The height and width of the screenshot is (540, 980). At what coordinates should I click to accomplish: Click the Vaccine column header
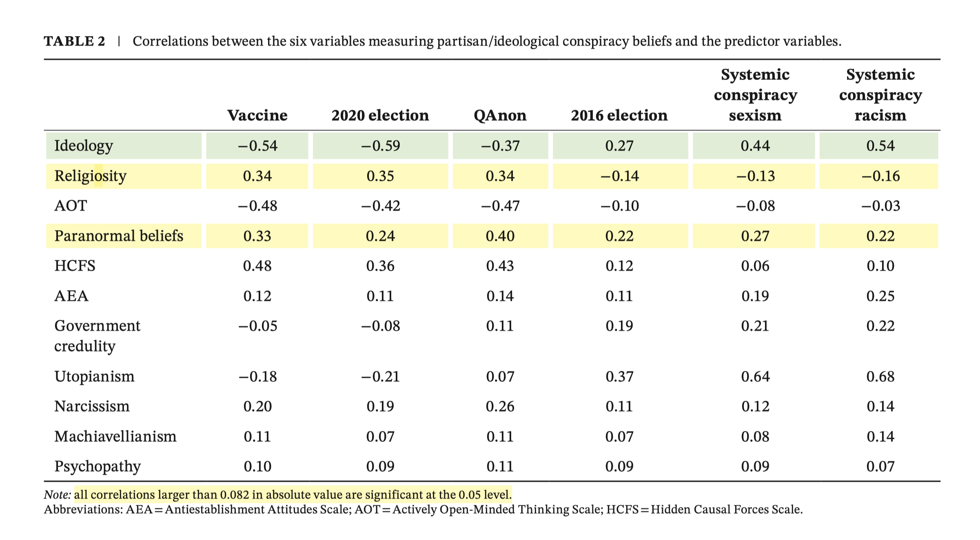coord(257,115)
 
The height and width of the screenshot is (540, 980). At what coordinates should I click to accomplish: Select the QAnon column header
coord(500,115)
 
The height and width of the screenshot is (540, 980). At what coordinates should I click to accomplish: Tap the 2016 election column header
coord(619,115)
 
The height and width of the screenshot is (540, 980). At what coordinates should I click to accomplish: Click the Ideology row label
coord(84,146)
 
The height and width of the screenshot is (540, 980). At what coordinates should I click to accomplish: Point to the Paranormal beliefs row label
coord(119,236)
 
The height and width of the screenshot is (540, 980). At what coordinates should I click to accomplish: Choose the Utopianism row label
coord(94,376)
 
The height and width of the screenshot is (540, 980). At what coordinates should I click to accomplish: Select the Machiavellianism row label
coord(115,436)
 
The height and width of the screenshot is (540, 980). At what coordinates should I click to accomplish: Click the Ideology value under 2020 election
coord(380,146)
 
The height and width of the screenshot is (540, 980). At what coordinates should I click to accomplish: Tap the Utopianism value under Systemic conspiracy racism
coord(880,376)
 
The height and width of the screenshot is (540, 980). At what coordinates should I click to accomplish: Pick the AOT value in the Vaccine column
coord(257,205)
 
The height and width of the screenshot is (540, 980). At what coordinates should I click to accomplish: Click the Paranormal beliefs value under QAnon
coord(500,236)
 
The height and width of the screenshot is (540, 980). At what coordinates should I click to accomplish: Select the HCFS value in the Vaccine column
coord(257,266)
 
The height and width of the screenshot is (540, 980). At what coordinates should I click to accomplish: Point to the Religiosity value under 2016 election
coord(619,176)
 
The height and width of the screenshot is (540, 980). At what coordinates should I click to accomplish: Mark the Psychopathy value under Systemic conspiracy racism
coord(880,466)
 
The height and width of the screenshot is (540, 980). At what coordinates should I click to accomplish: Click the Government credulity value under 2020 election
coord(380,326)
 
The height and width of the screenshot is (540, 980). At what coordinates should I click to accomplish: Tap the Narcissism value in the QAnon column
coord(500,406)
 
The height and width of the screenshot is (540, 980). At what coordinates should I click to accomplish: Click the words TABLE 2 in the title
coord(75,41)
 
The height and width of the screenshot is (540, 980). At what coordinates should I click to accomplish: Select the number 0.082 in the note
coord(235,495)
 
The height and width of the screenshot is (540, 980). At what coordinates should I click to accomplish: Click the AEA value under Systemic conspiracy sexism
coord(755,296)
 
